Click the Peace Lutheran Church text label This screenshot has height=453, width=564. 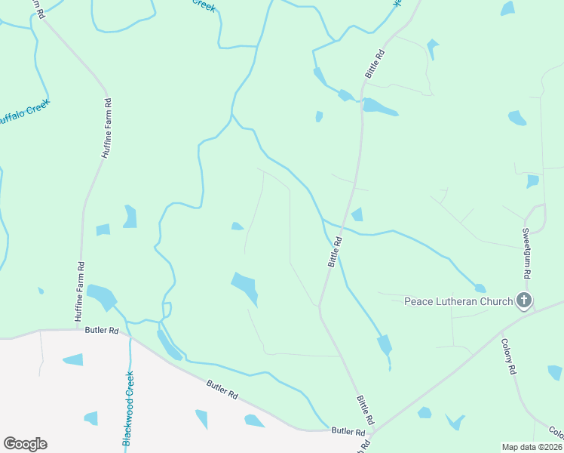458,301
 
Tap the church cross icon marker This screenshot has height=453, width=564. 524,301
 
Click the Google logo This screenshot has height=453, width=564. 25,444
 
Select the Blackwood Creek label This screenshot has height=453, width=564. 128,407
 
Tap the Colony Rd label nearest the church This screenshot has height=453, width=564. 509,356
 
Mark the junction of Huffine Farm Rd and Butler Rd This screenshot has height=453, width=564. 78,329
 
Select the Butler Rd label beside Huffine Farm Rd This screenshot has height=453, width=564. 102,331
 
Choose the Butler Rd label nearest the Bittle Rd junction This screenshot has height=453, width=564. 348,431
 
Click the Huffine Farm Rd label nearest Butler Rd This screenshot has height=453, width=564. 79,291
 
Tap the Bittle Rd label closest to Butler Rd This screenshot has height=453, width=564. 366,408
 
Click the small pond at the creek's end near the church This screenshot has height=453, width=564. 480,288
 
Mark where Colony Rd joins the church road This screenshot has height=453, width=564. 502,331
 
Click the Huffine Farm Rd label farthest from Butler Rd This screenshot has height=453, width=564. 106,128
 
